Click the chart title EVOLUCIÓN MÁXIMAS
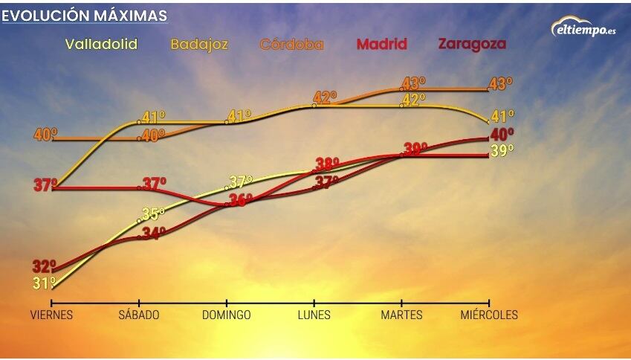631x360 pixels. (84, 16)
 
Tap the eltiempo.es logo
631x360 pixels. (583, 28)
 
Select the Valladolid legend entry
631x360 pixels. (101, 44)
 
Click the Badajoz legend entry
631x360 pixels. (199, 44)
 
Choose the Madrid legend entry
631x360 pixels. (381, 44)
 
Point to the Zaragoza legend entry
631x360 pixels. (472, 44)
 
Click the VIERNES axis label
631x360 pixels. (51, 315)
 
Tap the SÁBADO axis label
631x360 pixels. (139, 315)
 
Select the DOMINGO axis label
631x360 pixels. (227, 315)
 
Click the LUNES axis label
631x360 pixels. (314, 315)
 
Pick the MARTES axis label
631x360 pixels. (401, 315)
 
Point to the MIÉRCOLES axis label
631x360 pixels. (489, 315)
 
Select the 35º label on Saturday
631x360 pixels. (153, 214)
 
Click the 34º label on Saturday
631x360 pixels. (154, 233)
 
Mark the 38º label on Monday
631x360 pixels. (327, 164)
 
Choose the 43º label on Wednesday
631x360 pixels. (501, 84)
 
